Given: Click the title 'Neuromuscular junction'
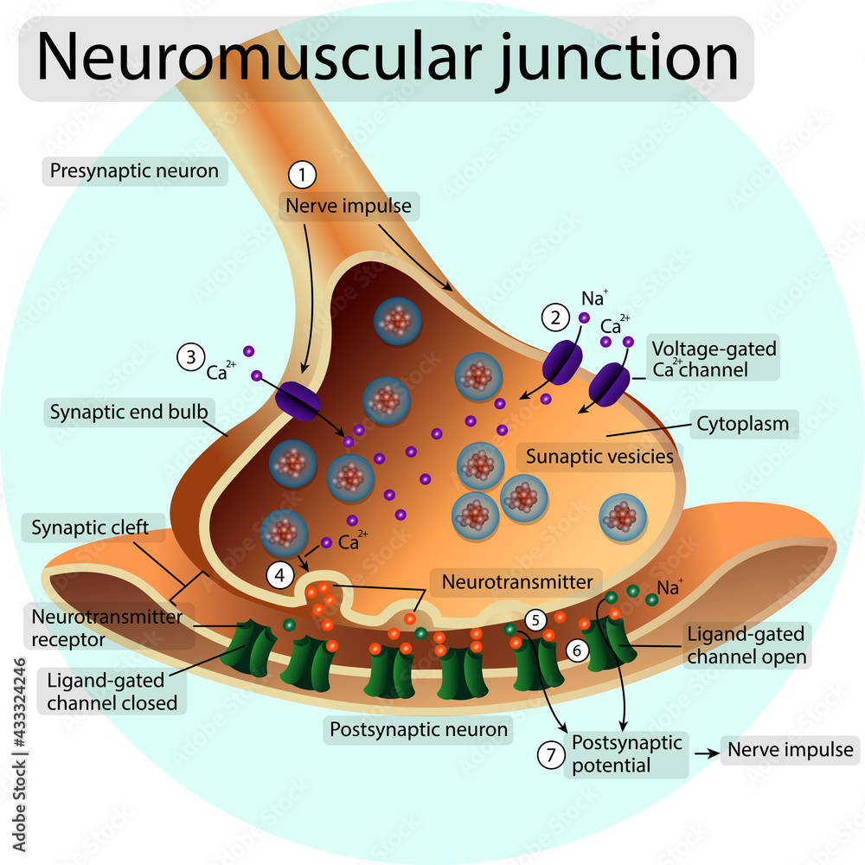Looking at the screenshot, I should tap(387, 58).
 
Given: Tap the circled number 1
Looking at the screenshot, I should tap(302, 176).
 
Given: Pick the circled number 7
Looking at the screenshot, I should tap(550, 754).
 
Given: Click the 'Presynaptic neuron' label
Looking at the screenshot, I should tap(134, 171).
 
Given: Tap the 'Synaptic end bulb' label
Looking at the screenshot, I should tap(129, 412).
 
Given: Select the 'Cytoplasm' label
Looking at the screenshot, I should tap(743, 424).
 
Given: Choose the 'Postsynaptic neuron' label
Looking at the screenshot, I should tap(419, 729).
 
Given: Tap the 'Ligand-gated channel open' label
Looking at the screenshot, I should tap(746, 645).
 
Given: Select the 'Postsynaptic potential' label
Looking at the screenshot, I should tap(627, 753).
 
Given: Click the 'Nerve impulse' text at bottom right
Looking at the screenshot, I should tap(791, 750).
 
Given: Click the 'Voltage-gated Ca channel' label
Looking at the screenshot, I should tap(714, 359).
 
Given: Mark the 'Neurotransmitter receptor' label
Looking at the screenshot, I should tap(106, 628).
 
